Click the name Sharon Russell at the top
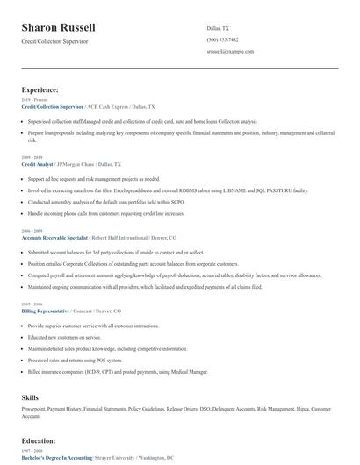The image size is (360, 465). pos(59,28)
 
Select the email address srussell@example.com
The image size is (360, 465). pos(231,52)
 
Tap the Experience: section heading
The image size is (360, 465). pos(40,89)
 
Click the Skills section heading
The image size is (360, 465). pos(31,397)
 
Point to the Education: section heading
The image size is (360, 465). pos(40,440)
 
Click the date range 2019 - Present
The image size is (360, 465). pos(33,99)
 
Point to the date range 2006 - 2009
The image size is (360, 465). pos(32,232)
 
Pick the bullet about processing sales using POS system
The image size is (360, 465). pos(76,360)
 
